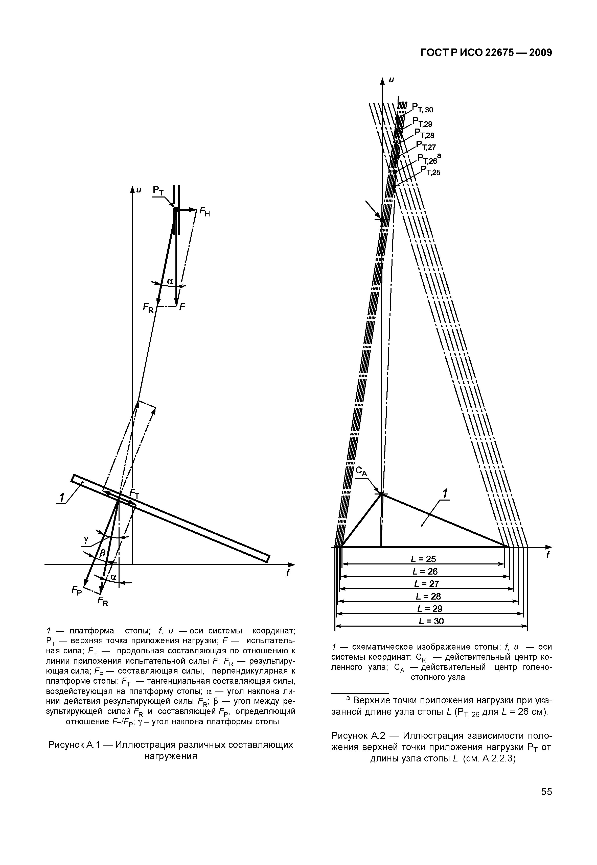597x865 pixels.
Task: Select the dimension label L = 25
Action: (x=423, y=559)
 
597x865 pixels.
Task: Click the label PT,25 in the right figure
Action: (x=430, y=171)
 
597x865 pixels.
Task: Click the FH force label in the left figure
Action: (x=204, y=212)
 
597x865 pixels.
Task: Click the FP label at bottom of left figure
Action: (x=77, y=591)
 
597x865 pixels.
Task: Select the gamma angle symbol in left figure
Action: (x=86, y=539)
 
